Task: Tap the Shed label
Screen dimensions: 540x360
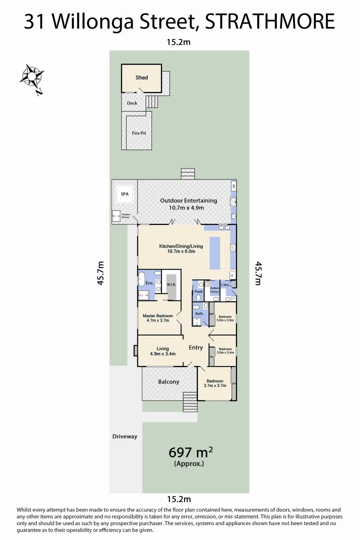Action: coord(141,78)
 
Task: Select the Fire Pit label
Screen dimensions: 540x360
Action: coord(138,133)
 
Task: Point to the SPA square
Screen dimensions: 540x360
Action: coord(123,193)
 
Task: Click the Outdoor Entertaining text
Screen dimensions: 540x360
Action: coord(188,200)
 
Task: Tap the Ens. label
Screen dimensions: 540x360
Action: coord(149,283)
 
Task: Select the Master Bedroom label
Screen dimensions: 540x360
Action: coord(157,316)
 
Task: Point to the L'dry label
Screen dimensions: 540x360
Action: coord(224,284)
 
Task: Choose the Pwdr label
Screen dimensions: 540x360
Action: coord(198,291)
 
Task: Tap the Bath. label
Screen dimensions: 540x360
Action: coord(198,313)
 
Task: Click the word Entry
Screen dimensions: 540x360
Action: coord(195,347)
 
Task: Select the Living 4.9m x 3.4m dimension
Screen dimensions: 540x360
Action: coord(162,354)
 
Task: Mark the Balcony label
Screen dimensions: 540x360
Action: coord(168,381)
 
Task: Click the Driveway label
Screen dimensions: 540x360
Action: coord(124,436)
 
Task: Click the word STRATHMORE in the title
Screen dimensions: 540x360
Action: coord(270,22)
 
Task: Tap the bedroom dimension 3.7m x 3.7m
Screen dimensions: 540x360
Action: coord(215,385)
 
